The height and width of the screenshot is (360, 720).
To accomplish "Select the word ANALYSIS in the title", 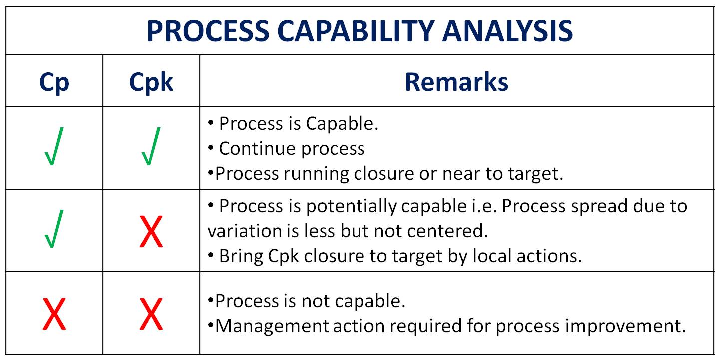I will pyautogui.click(x=508, y=31).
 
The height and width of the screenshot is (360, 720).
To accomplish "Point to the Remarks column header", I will pyautogui.click(x=456, y=82).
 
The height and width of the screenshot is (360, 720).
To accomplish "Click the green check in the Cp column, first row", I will pyautogui.click(x=54, y=146).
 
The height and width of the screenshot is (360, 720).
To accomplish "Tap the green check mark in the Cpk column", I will pyautogui.click(x=151, y=146).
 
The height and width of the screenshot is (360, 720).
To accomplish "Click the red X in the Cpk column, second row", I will pyautogui.click(x=151, y=231).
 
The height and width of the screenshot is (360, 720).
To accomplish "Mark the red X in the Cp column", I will pyautogui.click(x=54, y=314).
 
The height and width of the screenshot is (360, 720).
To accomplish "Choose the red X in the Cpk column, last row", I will pyautogui.click(x=151, y=314).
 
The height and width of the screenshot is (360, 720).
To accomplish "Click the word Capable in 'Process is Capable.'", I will pyautogui.click(x=342, y=124).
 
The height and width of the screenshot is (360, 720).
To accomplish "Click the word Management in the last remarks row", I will pyautogui.click(x=271, y=326).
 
